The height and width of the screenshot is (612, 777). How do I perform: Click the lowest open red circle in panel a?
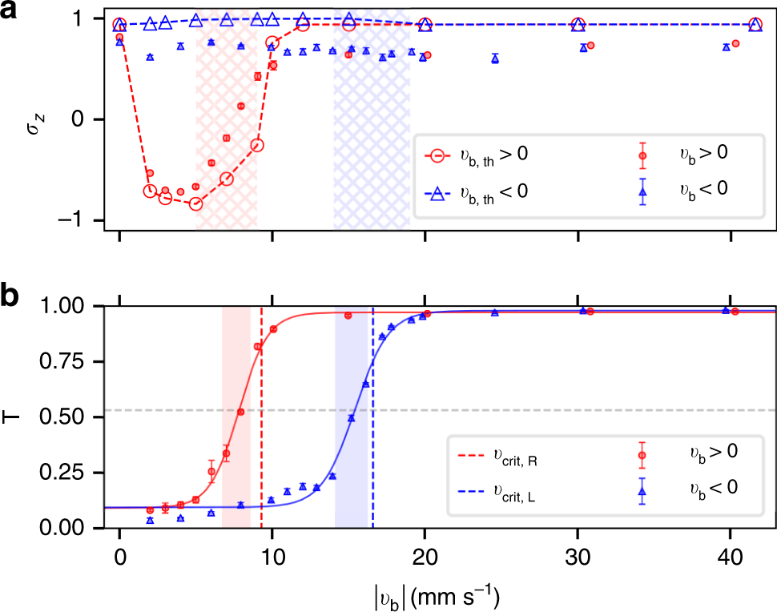195,203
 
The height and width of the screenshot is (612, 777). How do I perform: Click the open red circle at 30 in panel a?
578,25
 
